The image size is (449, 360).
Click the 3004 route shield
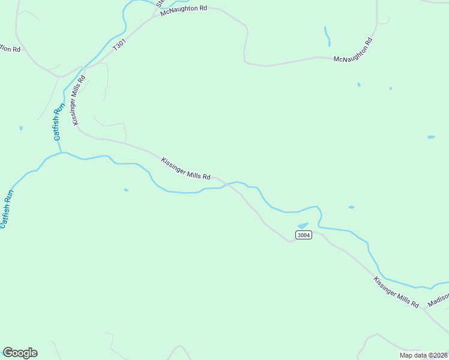click(x=304, y=235)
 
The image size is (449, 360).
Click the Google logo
click(x=20, y=353)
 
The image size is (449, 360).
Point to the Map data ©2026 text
click(x=423, y=355)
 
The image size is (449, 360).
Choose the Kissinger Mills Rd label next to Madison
click(x=396, y=292)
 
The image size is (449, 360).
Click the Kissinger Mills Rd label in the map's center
click(x=185, y=169)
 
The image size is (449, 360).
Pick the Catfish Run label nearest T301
click(x=58, y=122)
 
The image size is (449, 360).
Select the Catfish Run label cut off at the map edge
click(x=5, y=209)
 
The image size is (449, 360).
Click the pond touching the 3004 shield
click(x=302, y=226)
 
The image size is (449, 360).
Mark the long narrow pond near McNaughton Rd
click(x=327, y=36)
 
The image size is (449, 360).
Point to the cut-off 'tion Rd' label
click(x=10, y=49)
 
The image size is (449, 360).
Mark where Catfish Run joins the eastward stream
click(x=62, y=152)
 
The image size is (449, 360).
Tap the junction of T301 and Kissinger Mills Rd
click(x=85, y=67)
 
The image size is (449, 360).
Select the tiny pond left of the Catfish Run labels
click(x=21, y=128)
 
